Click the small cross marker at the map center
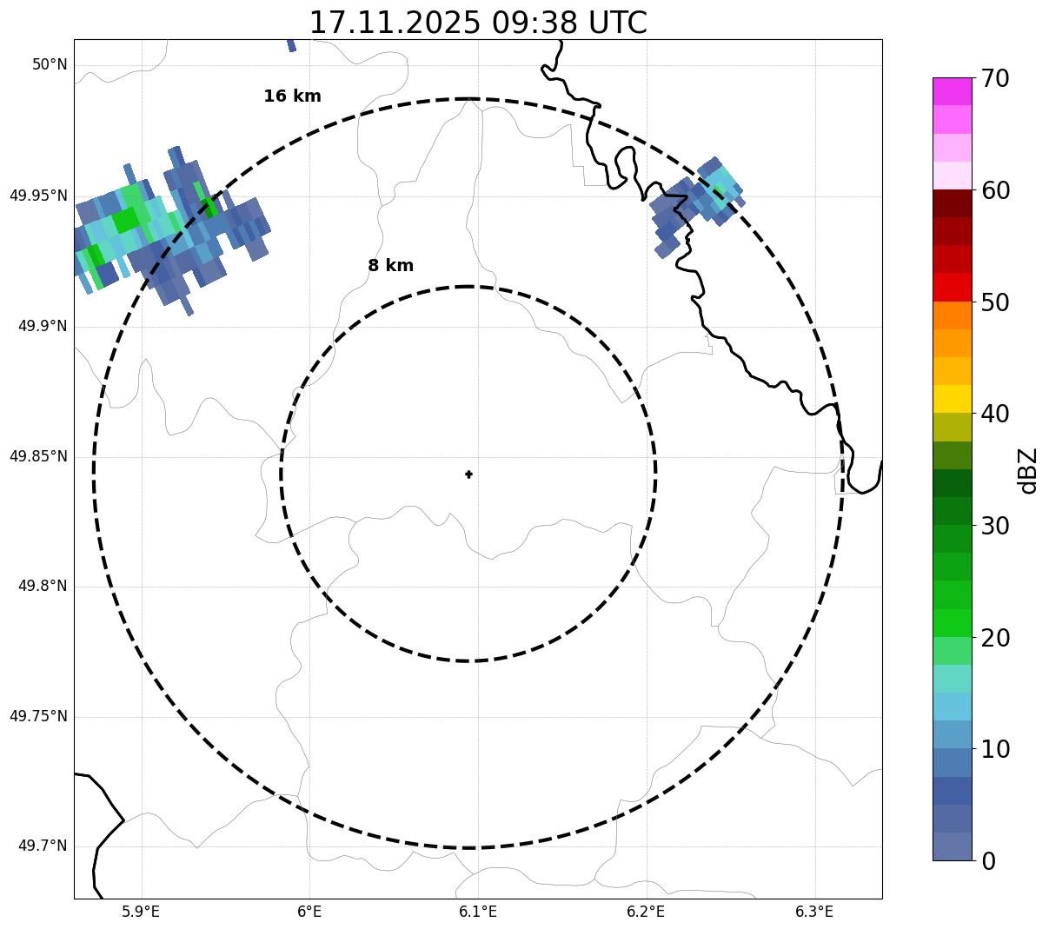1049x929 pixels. (x=469, y=474)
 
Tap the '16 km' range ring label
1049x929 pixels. (x=292, y=96)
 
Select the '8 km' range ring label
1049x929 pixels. (x=390, y=266)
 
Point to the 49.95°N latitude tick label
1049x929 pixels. (x=38, y=196)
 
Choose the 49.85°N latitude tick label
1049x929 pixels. (x=38, y=456)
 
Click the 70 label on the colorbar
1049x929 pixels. (x=995, y=79)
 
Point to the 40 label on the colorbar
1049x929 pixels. (x=995, y=414)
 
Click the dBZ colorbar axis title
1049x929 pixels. (x=1028, y=471)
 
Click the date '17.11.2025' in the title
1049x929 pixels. (x=395, y=23)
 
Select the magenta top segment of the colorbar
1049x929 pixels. (x=952, y=91)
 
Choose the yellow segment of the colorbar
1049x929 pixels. (x=952, y=399)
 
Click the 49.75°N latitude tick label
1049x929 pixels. (x=38, y=716)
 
